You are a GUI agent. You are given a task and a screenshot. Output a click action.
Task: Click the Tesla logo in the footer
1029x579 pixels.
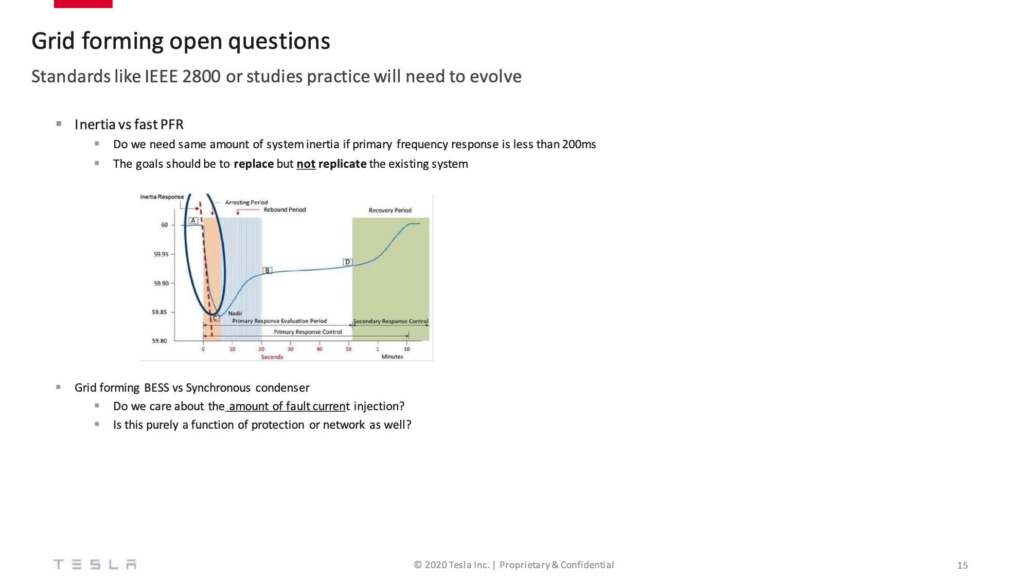95,565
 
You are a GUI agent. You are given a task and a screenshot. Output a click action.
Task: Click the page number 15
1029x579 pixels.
962,565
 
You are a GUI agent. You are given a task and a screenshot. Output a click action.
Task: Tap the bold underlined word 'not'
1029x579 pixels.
306,164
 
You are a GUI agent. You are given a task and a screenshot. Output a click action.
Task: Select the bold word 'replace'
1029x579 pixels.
254,164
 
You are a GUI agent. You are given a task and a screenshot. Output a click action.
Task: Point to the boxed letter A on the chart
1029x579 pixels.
193,221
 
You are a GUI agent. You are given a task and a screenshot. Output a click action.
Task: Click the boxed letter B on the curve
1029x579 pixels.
268,270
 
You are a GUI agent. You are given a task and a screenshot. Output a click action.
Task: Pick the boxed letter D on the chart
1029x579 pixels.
347,262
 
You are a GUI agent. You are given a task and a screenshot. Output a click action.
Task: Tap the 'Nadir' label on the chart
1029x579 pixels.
235,313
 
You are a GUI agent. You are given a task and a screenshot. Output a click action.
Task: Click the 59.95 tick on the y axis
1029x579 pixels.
161,254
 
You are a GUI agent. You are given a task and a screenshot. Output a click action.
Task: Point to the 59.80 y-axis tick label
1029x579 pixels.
159,341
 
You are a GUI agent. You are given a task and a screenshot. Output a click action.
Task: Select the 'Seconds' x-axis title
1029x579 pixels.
272,357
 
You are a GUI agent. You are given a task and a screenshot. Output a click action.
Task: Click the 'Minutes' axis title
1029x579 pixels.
392,357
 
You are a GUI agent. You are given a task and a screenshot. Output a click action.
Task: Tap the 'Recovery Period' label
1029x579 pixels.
390,210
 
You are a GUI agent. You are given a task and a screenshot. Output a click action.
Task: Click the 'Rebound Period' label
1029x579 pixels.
285,209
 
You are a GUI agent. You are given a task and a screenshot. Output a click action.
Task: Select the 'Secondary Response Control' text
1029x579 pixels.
391,321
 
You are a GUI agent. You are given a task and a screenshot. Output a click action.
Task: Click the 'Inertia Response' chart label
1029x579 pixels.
162,197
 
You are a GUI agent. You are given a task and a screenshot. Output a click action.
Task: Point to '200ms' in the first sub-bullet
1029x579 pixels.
579,144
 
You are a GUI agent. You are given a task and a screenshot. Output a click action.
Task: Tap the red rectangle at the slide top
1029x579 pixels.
83,4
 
